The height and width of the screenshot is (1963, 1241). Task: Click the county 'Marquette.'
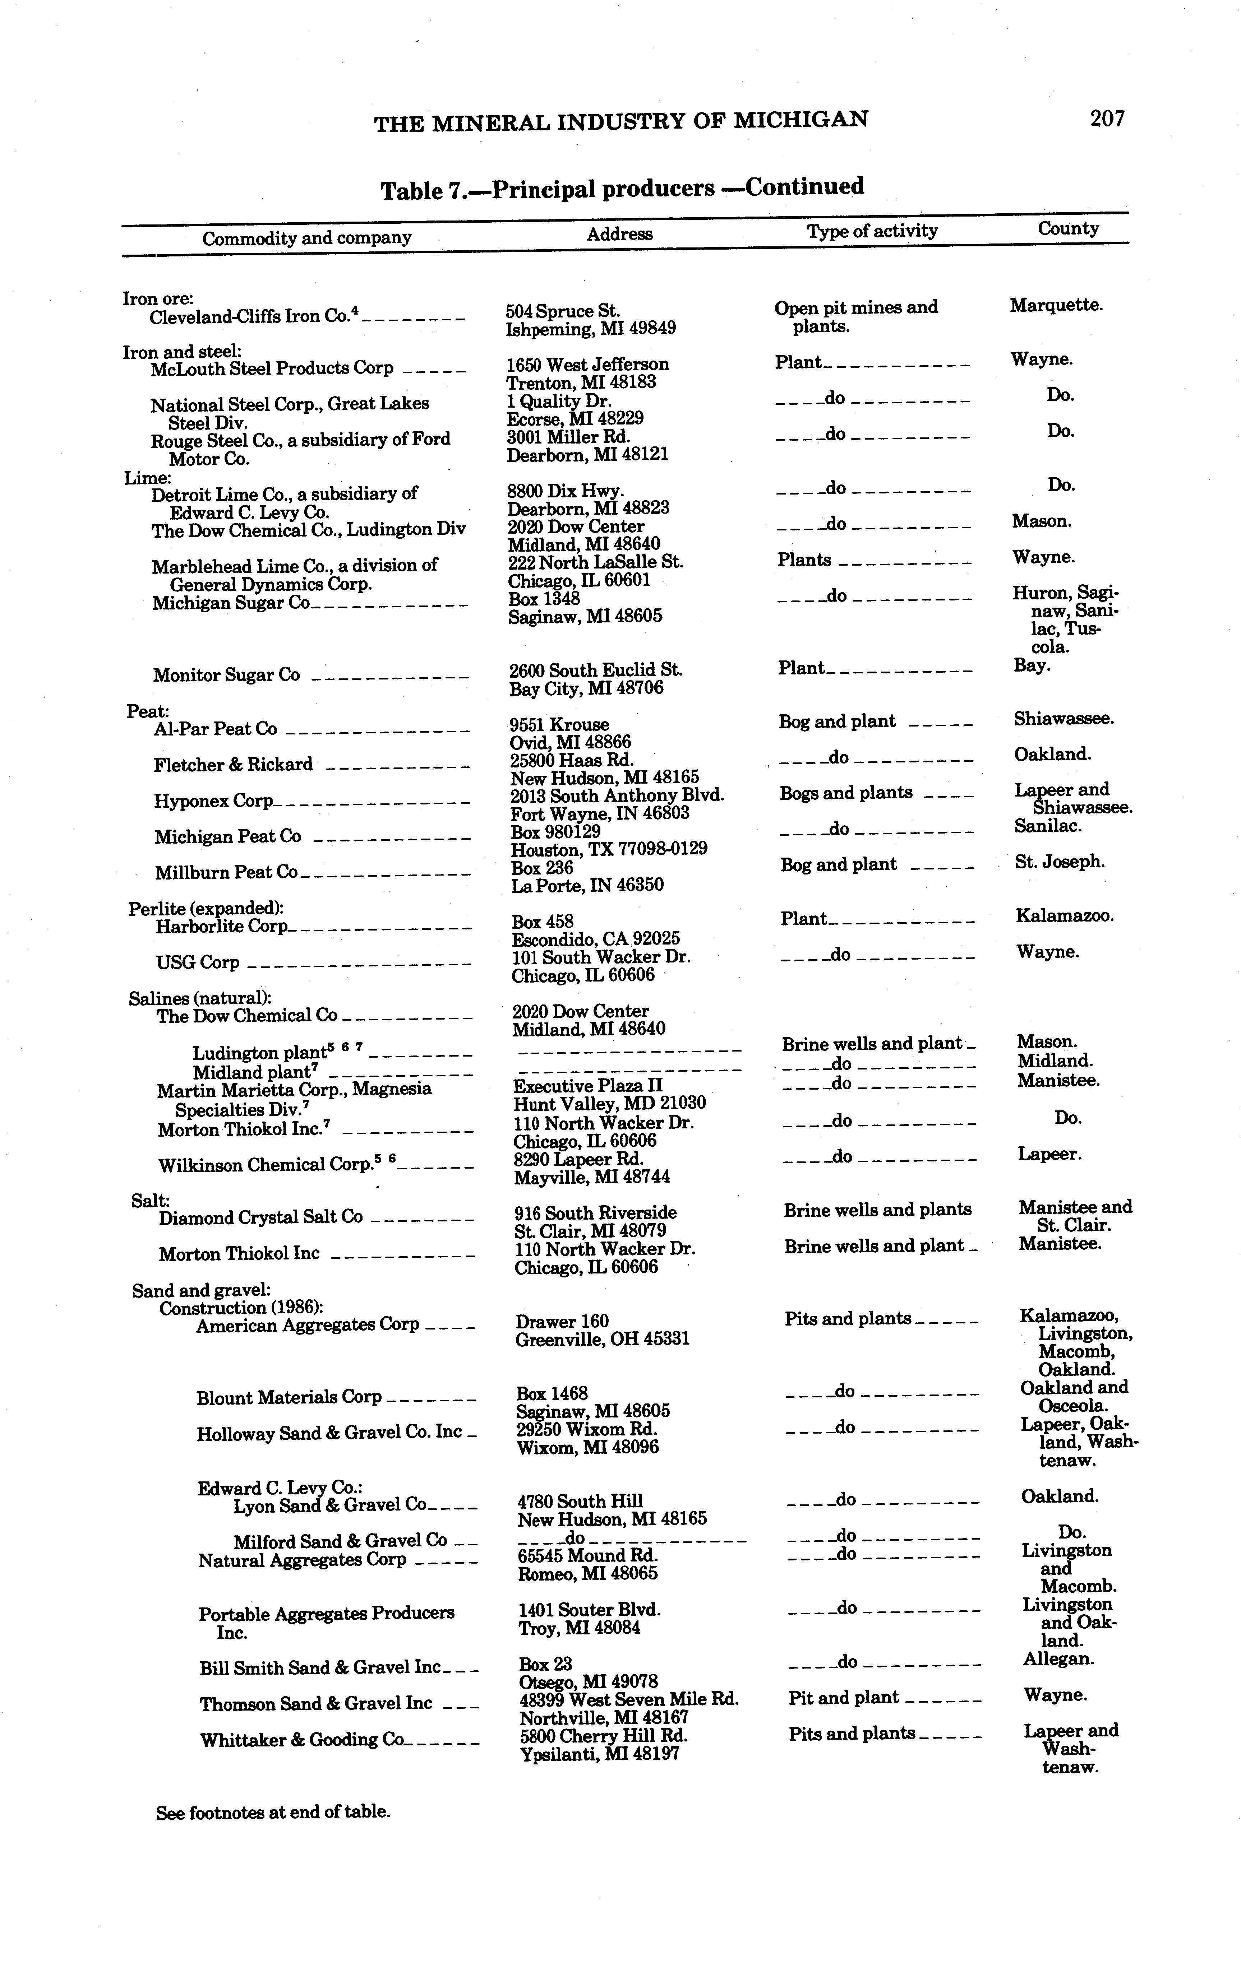pyautogui.click(x=1056, y=306)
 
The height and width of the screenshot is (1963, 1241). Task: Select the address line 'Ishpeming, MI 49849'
pyautogui.click(x=590, y=329)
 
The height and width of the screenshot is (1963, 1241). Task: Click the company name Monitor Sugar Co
pyautogui.click(x=226, y=675)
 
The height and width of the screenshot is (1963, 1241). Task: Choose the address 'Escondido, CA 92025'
pyautogui.click(x=595, y=939)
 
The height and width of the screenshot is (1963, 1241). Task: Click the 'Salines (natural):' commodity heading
pyautogui.click(x=200, y=999)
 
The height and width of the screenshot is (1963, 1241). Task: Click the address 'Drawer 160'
pyautogui.click(x=562, y=1322)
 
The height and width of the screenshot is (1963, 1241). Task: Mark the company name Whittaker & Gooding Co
pyautogui.click(x=302, y=1740)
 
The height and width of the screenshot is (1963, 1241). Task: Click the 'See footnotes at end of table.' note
pyautogui.click(x=272, y=1812)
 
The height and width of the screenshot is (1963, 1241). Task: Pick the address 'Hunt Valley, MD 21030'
pyautogui.click(x=609, y=1104)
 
